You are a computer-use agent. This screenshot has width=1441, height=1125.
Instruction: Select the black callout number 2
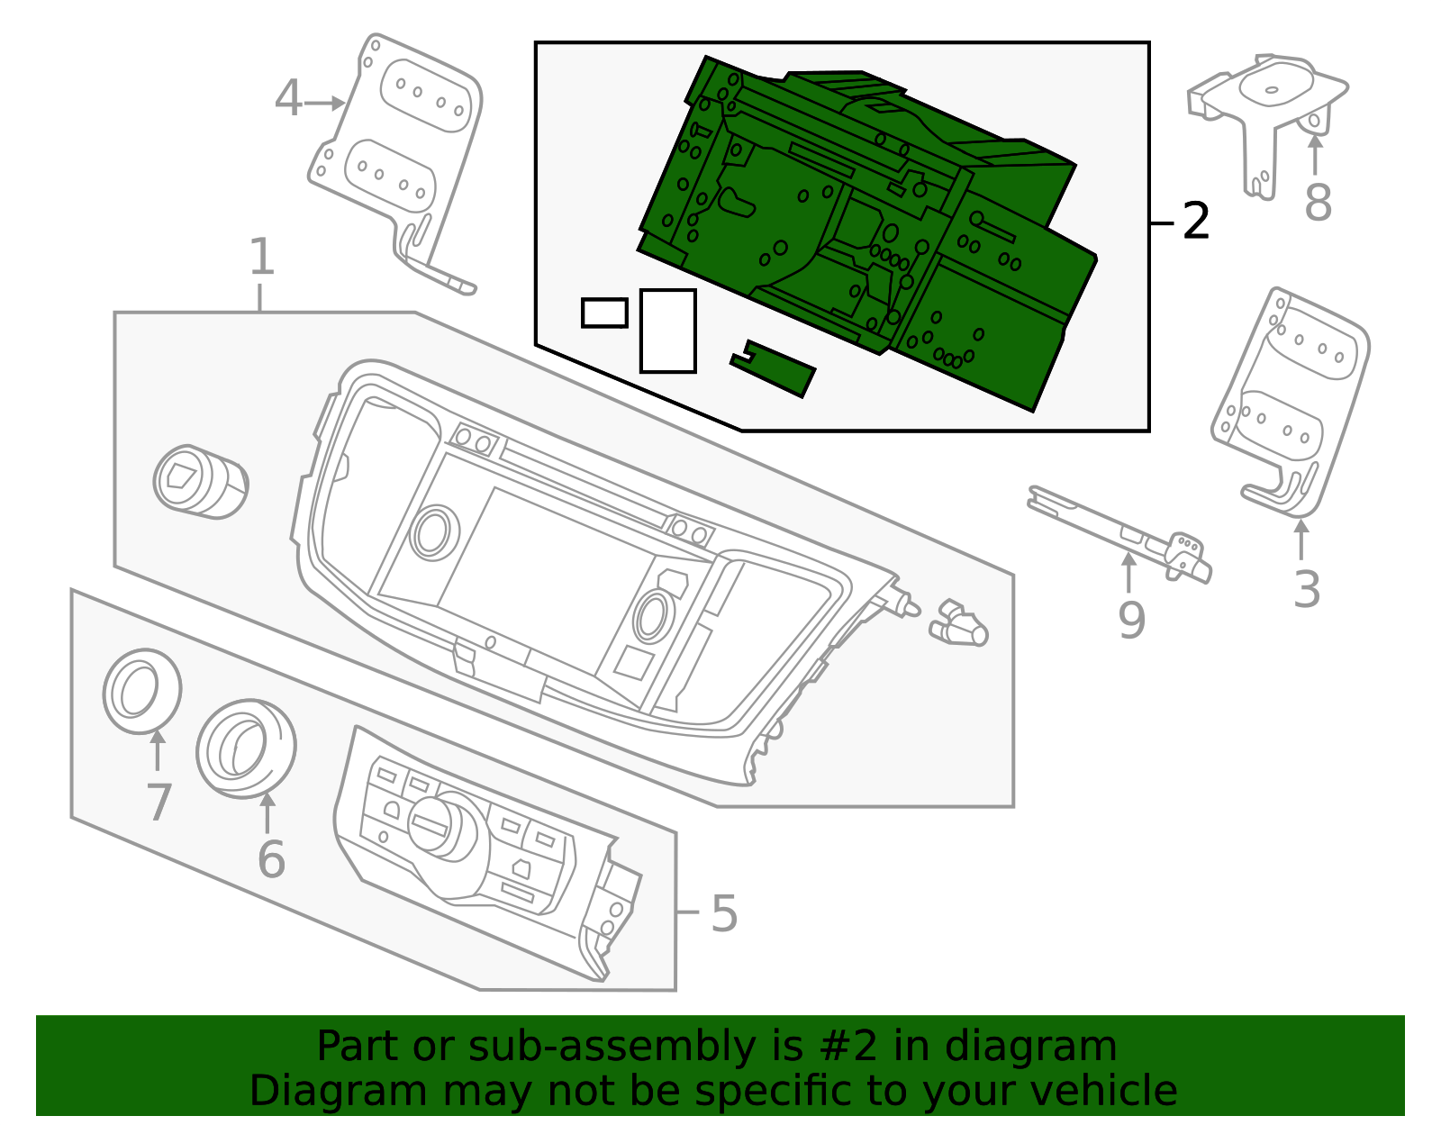point(1195,221)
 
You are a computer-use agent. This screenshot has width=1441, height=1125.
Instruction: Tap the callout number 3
point(1306,590)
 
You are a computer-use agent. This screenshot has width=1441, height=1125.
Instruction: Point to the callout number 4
point(288,99)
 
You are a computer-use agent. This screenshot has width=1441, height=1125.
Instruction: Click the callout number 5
point(723,913)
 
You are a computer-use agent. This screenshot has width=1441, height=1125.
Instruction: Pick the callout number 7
point(159,803)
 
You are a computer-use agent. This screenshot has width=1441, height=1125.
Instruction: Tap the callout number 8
point(1318,203)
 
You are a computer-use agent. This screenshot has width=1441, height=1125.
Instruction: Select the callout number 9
point(1131,620)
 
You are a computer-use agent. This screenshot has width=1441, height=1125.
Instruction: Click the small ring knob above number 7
point(141,691)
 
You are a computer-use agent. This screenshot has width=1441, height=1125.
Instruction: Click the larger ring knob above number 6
point(246,748)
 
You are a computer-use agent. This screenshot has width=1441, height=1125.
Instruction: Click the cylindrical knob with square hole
point(199,481)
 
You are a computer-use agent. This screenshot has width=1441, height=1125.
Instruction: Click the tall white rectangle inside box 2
point(667,331)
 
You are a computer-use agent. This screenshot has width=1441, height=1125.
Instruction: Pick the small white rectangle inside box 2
point(604,313)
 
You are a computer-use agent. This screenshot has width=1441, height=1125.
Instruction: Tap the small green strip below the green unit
point(774,367)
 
